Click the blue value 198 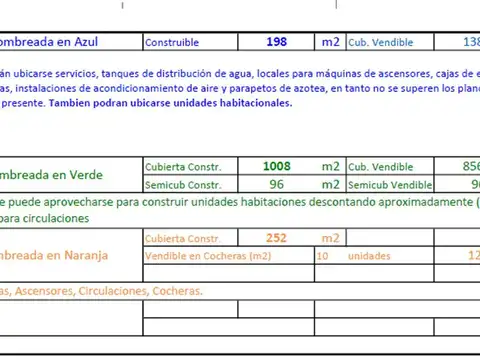click(277, 42)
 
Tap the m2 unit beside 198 click(330, 42)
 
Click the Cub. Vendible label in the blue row click(382, 43)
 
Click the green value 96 click(277, 184)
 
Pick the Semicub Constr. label click(183, 185)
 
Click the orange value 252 click(275, 238)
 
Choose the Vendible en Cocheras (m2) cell click(208, 256)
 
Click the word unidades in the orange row click(369, 256)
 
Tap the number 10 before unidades click(322, 256)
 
